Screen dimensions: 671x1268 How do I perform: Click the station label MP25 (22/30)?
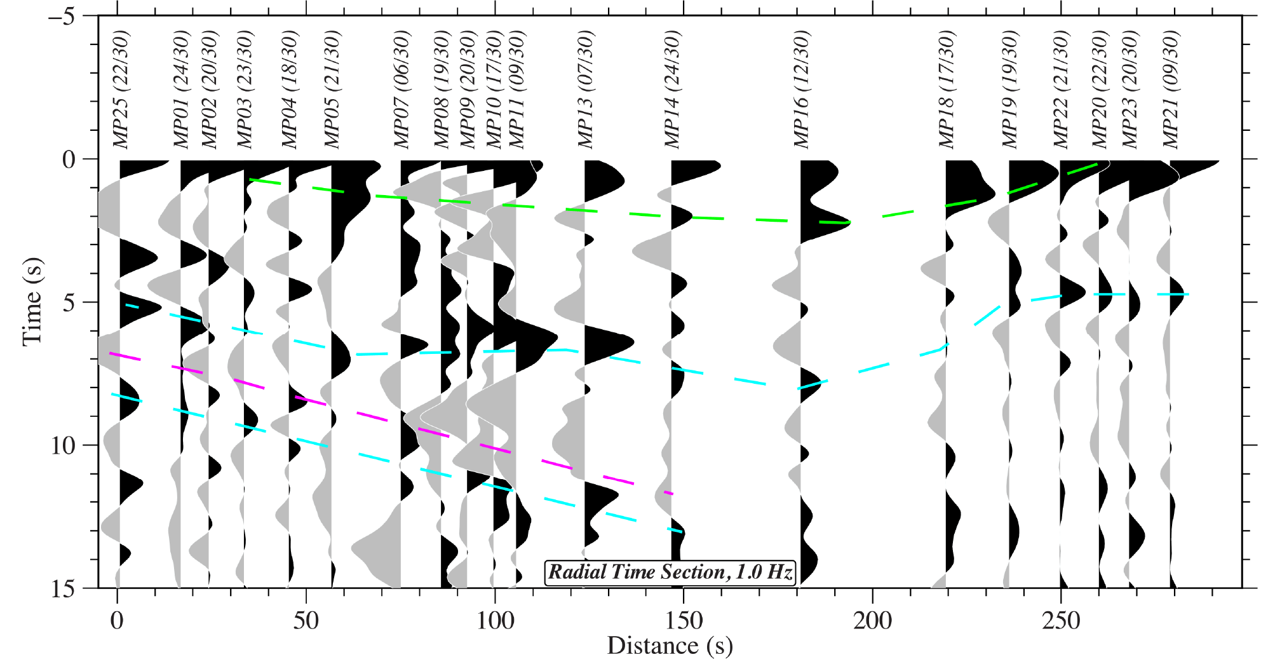(x=121, y=90)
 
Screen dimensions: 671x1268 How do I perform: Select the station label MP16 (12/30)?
(x=802, y=90)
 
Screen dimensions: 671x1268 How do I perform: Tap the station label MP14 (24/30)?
(x=672, y=90)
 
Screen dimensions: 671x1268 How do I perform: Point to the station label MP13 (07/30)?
(x=586, y=90)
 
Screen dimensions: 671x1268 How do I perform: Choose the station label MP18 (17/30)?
(x=947, y=90)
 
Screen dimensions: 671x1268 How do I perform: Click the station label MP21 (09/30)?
(x=1171, y=90)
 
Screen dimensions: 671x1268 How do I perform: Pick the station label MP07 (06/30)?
(x=402, y=90)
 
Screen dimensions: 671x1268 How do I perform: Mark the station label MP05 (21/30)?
(x=332, y=90)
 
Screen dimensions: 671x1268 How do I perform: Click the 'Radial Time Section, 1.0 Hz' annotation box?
(x=670, y=573)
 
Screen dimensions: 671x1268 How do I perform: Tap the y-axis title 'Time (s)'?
(x=32, y=302)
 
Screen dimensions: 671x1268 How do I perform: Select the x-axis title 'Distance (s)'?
(x=670, y=646)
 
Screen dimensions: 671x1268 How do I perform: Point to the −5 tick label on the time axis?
(x=62, y=16)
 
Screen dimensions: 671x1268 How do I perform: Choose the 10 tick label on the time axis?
(x=63, y=445)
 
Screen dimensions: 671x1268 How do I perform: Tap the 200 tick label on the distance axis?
(x=872, y=621)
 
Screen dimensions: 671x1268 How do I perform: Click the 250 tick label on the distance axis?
(x=1060, y=621)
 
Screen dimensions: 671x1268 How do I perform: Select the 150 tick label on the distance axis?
(x=684, y=621)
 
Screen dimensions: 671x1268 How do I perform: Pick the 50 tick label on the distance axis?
(x=306, y=621)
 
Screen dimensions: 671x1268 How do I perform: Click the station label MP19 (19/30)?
(x=1010, y=90)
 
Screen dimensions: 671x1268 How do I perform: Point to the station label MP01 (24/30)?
(x=182, y=90)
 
